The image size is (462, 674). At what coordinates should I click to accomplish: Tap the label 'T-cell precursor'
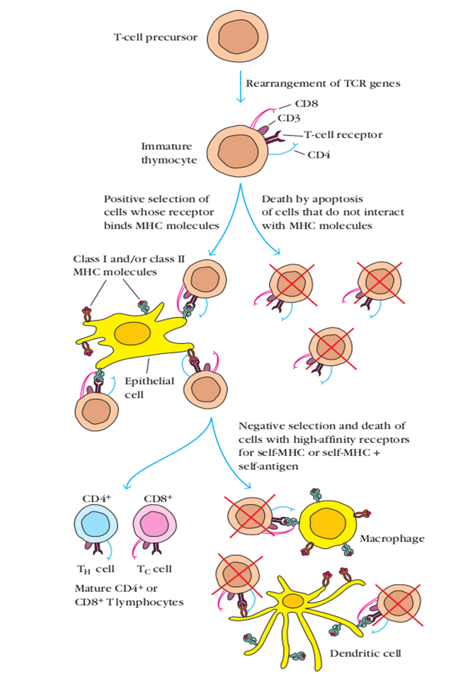[156, 37]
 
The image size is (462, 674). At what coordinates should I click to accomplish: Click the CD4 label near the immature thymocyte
[319, 155]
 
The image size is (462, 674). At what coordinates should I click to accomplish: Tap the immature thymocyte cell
[233, 151]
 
